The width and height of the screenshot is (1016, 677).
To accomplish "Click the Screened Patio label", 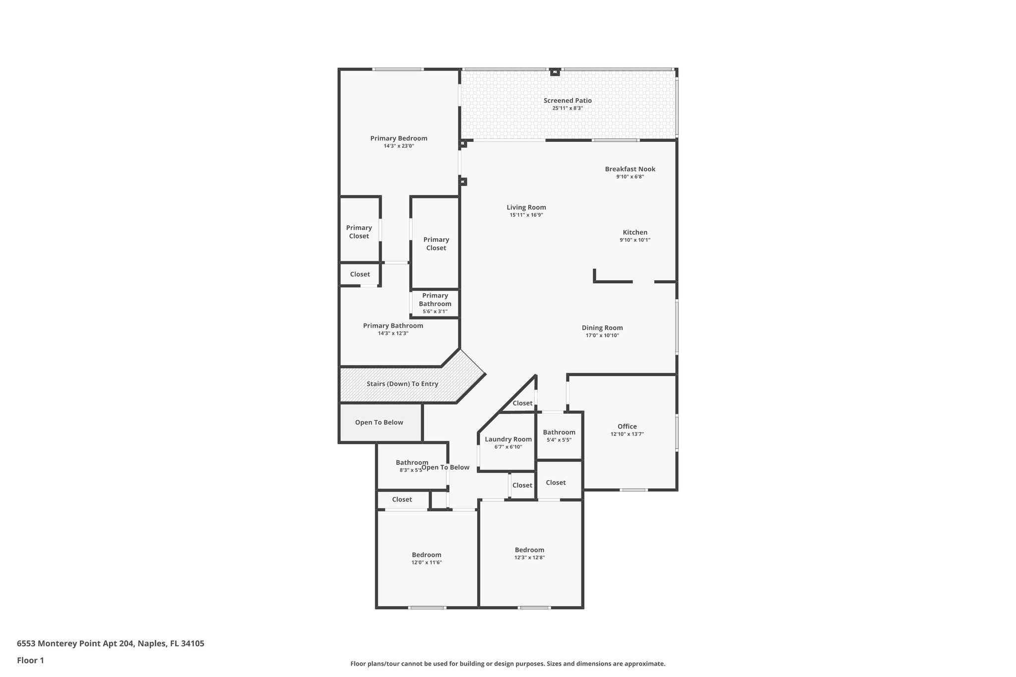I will pos(568,101).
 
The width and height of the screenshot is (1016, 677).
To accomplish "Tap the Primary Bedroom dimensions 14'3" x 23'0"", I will pos(398,146).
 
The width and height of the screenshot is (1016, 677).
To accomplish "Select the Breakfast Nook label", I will pos(630,169).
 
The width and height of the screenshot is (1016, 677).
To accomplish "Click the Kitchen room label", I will pos(635,233).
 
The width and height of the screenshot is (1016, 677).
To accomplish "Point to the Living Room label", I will pos(526,208).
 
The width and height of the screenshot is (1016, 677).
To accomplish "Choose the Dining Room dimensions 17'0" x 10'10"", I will pos(602,336).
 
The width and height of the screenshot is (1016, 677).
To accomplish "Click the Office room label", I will pos(627,427).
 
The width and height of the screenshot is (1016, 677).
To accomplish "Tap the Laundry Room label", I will pos(508,439).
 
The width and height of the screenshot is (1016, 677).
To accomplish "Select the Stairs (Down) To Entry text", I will pos(402,384).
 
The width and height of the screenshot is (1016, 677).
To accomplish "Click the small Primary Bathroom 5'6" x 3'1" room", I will pos(435,304).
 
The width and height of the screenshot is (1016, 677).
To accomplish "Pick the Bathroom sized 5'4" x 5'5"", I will pos(559,436).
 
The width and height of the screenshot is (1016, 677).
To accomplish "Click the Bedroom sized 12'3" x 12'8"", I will pos(529,554).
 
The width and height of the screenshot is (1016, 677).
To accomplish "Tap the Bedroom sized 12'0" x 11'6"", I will pos(426,558).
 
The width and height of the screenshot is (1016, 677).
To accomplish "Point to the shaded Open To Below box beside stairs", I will pos(379,423).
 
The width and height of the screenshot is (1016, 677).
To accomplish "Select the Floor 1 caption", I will pos(30,661).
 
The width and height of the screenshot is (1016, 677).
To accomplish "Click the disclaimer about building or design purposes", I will pos(508,664).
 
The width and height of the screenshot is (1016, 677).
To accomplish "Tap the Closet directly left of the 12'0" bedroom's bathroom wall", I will pos(402,500).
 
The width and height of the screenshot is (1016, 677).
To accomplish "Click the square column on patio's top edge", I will pos(555,72).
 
